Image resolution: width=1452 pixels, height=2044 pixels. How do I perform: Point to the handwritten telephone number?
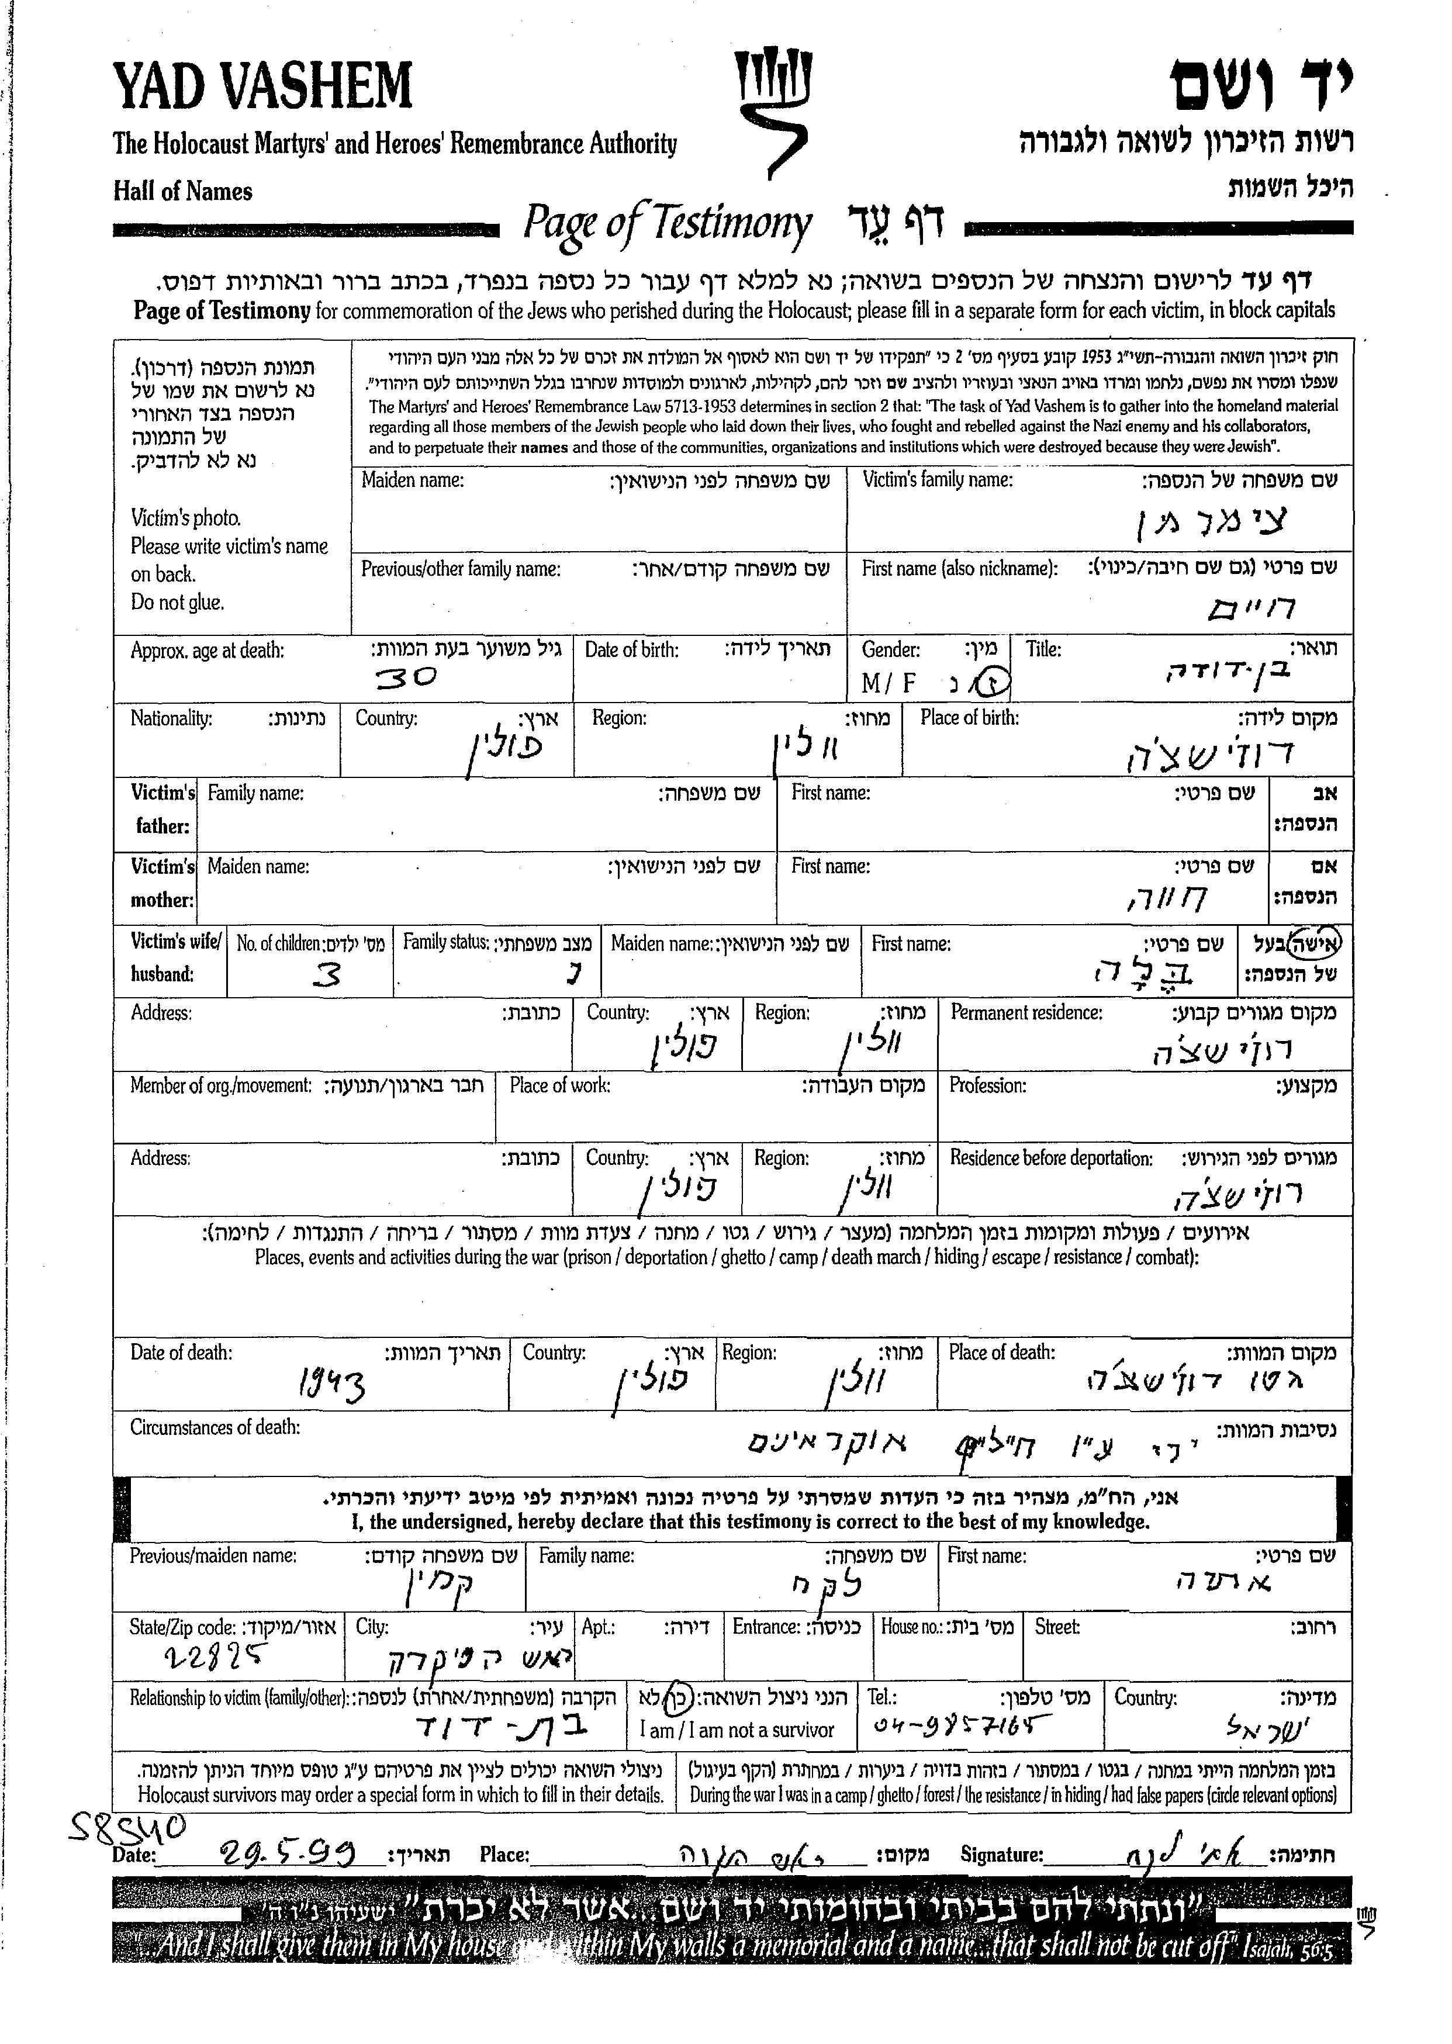point(960,1724)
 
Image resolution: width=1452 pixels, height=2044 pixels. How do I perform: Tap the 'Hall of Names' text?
point(182,191)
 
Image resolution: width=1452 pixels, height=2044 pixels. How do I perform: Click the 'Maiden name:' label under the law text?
point(412,481)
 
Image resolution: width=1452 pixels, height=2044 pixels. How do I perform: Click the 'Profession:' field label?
point(987,1085)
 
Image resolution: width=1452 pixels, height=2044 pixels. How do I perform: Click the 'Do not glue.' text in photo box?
point(177,602)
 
